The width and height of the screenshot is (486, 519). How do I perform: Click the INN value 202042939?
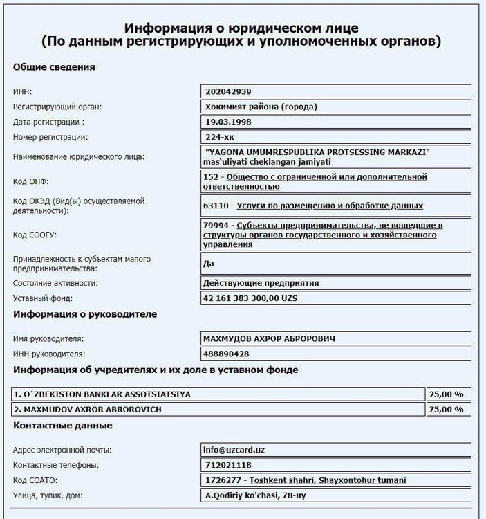[x=227, y=91]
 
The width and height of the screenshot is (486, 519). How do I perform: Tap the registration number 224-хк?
[x=220, y=137]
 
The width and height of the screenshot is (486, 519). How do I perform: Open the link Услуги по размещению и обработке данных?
[x=330, y=206]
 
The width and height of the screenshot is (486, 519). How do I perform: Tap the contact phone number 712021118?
[x=227, y=465]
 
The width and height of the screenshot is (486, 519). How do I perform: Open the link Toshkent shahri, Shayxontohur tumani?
[x=328, y=480]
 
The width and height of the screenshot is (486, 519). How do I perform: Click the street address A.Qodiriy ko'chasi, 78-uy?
[x=254, y=495]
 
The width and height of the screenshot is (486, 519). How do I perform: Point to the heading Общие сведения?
[x=54, y=67]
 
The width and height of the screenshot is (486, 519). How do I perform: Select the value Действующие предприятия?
[x=261, y=283]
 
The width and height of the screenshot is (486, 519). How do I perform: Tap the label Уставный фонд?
[x=43, y=298]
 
